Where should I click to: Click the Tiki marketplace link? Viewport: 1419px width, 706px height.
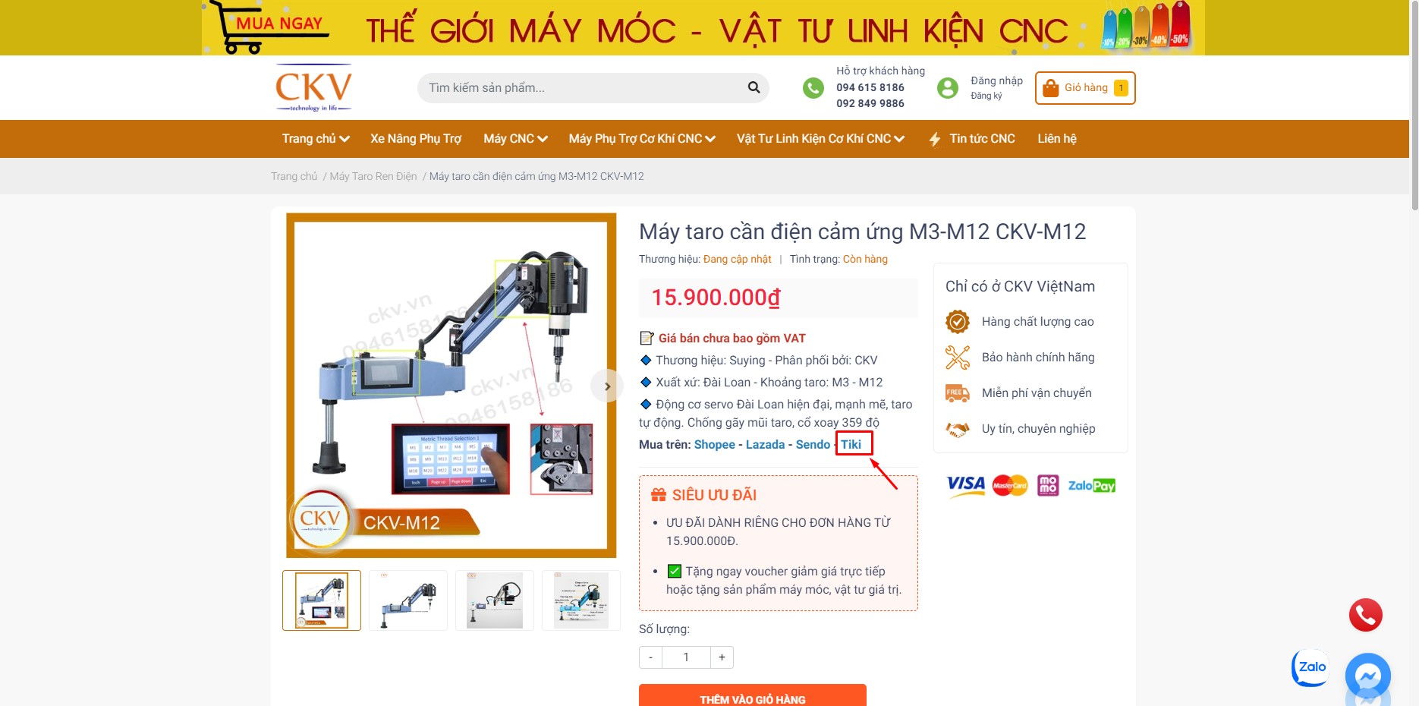(x=851, y=444)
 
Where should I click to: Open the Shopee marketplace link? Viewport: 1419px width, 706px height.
(x=714, y=444)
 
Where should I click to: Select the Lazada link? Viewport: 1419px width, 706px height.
(x=765, y=444)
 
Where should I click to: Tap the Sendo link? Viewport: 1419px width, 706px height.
(x=813, y=444)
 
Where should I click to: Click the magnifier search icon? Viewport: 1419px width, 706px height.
(x=754, y=87)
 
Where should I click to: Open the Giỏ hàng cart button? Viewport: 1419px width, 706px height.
(x=1085, y=88)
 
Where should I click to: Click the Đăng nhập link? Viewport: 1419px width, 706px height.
(x=996, y=80)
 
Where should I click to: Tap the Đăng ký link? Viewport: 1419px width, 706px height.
(x=986, y=96)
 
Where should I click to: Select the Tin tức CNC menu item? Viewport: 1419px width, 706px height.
(x=981, y=139)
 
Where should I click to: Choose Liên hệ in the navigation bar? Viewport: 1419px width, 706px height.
(x=1057, y=139)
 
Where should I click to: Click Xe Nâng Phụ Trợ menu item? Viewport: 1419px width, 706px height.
(x=416, y=139)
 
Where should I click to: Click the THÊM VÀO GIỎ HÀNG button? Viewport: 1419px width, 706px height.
(x=752, y=698)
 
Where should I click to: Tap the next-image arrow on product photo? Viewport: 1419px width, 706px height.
(x=607, y=386)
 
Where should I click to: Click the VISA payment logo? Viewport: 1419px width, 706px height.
(x=966, y=485)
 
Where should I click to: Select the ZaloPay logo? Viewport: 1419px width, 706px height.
(x=1091, y=486)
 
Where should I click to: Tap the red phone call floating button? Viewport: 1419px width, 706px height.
(x=1365, y=615)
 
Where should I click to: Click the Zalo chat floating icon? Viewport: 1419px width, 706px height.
(x=1310, y=667)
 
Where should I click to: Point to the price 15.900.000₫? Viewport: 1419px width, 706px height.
(x=716, y=298)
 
